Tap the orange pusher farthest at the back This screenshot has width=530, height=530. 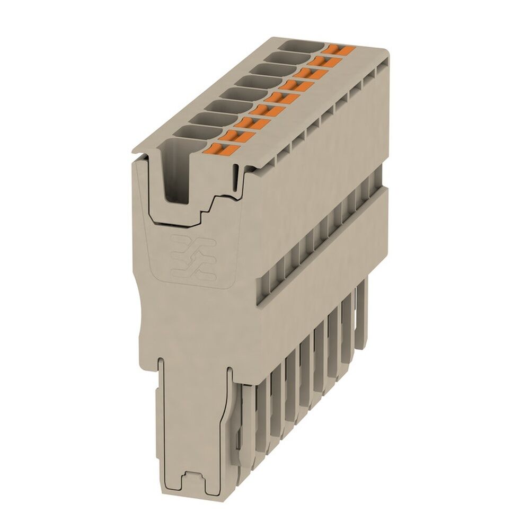[340, 50]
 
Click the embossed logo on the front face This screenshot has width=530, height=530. [193, 258]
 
